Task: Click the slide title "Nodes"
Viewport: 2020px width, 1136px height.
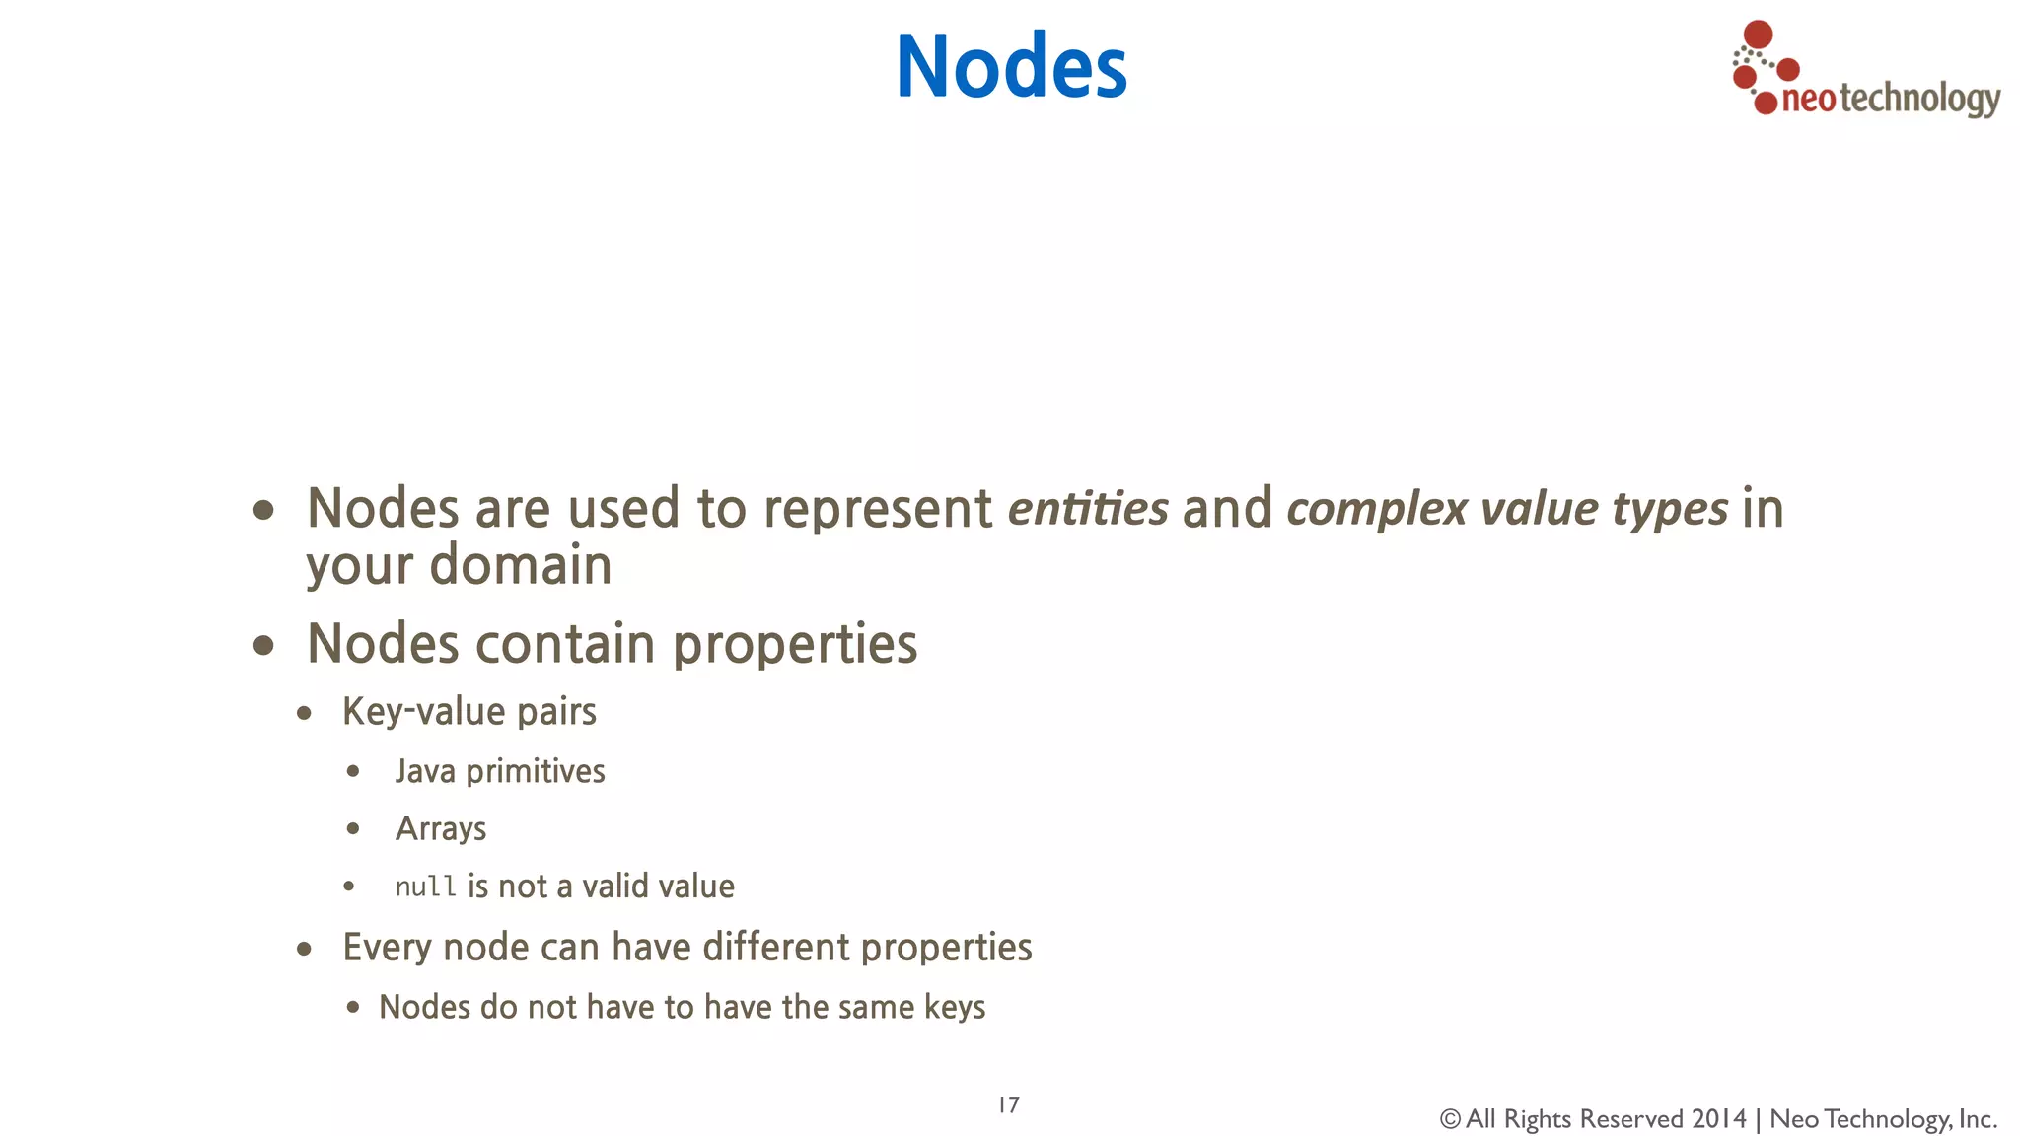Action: coord(1011,66)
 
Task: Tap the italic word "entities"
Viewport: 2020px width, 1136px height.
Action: coord(1088,509)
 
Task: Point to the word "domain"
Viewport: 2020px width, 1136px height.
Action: coord(521,565)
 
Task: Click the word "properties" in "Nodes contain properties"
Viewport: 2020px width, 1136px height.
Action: coord(795,645)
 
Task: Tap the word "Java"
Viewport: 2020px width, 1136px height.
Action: coord(425,771)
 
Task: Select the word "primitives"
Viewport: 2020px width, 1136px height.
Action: coord(536,771)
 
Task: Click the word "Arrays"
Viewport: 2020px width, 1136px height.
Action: coord(441,829)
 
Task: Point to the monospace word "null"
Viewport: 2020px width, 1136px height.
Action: coord(425,887)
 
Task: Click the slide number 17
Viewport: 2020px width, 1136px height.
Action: coord(1009,1104)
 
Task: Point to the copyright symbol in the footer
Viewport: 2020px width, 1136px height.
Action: coord(1450,1119)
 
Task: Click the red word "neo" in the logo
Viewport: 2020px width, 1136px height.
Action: coord(1808,100)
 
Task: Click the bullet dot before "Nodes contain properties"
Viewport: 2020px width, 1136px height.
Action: coord(263,646)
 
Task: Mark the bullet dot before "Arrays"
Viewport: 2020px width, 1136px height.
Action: coord(353,829)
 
